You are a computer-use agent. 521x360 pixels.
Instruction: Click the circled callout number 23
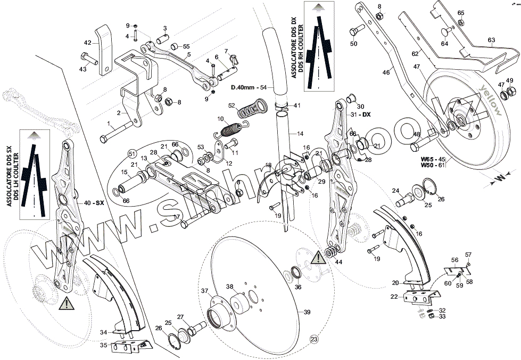[x=313, y=339]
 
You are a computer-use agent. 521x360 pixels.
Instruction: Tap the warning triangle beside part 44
[x=316, y=258]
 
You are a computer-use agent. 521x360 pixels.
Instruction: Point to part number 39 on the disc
[x=307, y=312]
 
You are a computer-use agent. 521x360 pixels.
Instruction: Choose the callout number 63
[x=491, y=40]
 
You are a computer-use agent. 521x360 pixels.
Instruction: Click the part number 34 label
[x=104, y=332]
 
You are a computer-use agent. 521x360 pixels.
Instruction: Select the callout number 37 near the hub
[x=204, y=291]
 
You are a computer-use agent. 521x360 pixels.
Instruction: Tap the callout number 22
[x=394, y=297]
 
